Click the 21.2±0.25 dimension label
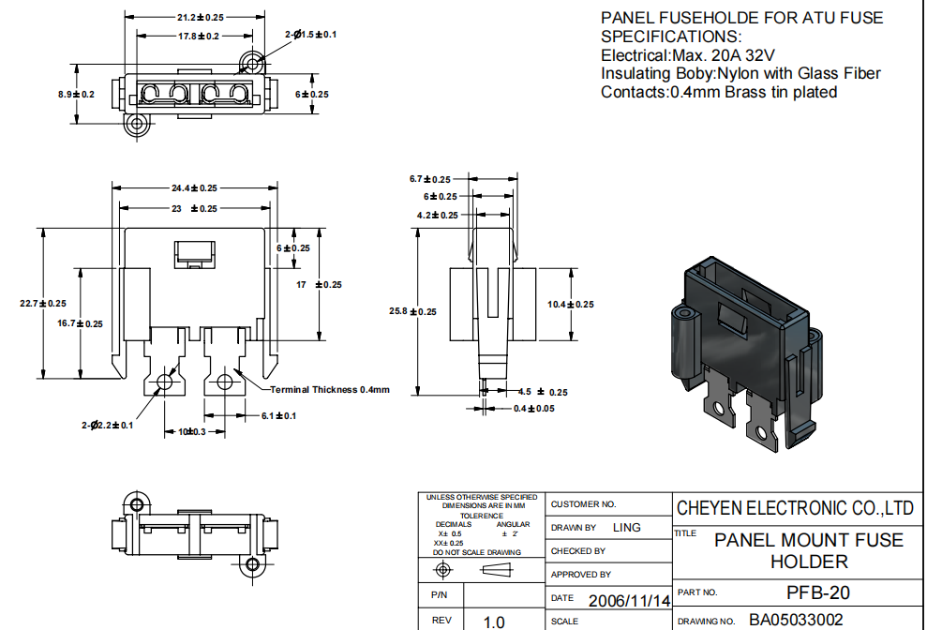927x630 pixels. pyautogui.click(x=200, y=17)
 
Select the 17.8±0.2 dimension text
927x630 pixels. pyautogui.click(x=198, y=36)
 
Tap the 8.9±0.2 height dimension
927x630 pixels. pyautogui.click(x=77, y=95)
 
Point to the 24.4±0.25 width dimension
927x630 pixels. pyautogui.click(x=194, y=188)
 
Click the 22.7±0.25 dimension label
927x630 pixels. pyautogui.click(x=43, y=303)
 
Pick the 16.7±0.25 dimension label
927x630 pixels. pyautogui.click(x=80, y=323)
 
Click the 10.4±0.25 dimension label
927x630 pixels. pyautogui.click(x=571, y=304)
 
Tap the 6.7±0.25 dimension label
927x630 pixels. pyautogui.click(x=430, y=178)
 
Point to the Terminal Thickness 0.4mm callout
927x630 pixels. pyautogui.click(x=329, y=389)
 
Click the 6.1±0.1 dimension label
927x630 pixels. pyautogui.click(x=278, y=415)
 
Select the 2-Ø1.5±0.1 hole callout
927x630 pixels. pyautogui.click(x=310, y=35)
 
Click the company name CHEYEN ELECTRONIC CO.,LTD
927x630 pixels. pyautogui.click(x=795, y=508)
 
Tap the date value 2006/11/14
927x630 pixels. pyautogui.click(x=629, y=600)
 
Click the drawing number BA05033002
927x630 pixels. pyautogui.click(x=796, y=620)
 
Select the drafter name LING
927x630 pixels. pyautogui.click(x=626, y=528)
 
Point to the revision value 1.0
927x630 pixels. pyautogui.click(x=493, y=622)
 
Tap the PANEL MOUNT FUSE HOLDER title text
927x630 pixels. pyautogui.click(x=808, y=550)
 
